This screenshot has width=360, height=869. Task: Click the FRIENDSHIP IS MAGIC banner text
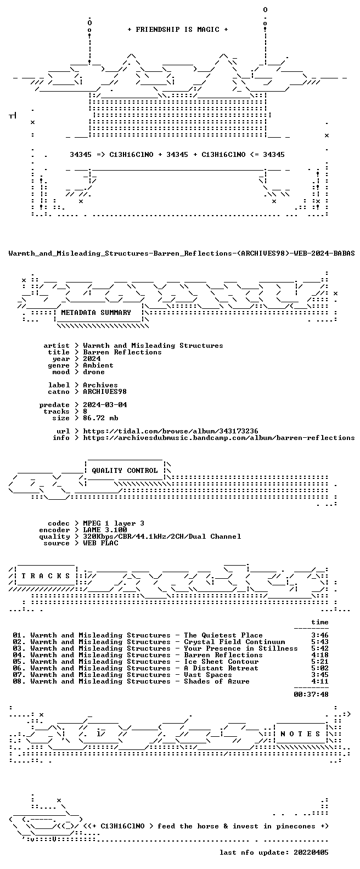coord(178,30)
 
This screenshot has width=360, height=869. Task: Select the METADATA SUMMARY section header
coord(96,313)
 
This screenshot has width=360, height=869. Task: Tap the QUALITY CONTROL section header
coord(125,471)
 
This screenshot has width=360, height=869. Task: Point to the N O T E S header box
coord(301,733)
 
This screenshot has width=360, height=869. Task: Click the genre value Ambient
coord(98,365)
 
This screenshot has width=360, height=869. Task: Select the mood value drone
coord(94,372)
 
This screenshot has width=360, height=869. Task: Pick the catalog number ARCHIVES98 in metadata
coord(105,392)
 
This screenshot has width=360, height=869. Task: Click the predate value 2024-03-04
coord(105,405)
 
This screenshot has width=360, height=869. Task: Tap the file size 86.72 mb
coord(100,418)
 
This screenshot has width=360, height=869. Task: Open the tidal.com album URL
coord(171,431)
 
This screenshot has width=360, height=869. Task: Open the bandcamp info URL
coord(219,438)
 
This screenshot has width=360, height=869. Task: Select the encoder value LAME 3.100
coord(105,530)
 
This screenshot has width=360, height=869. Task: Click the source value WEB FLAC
coord(100,543)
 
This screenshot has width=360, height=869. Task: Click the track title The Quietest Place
coord(223,635)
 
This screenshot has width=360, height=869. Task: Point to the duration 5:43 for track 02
coord(319,642)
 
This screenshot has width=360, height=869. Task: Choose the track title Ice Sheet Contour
coord(221,662)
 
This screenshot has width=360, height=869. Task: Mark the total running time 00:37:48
coord(311,695)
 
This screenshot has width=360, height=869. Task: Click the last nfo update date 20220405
coord(311,853)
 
